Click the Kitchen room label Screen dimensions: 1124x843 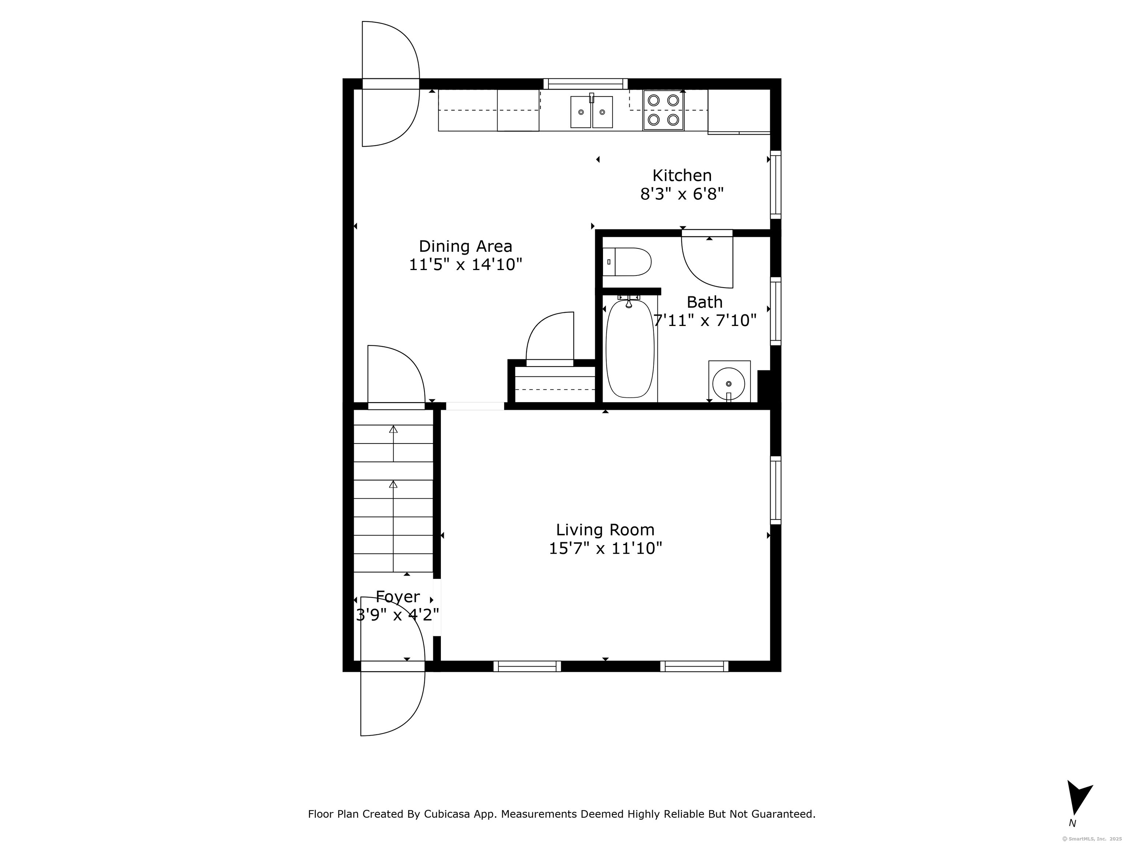[x=682, y=175]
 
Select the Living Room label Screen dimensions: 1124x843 [x=605, y=530]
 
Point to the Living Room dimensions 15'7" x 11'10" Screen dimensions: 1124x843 [x=605, y=549]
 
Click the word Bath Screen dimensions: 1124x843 [x=704, y=302]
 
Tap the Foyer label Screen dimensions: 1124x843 [x=397, y=596]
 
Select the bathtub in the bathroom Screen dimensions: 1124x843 [x=630, y=349]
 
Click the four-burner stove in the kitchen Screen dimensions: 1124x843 [x=663, y=110]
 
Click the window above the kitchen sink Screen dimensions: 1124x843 [x=585, y=84]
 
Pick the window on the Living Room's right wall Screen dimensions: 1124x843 [x=775, y=490]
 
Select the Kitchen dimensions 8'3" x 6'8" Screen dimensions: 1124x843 [x=682, y=194]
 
